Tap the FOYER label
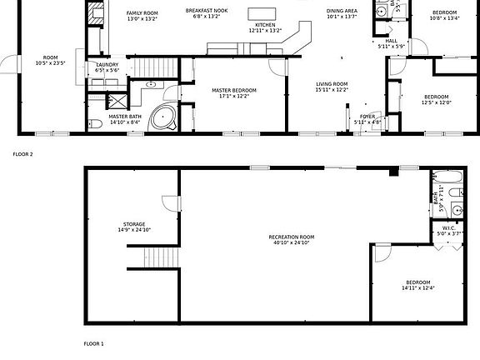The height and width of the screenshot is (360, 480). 367,118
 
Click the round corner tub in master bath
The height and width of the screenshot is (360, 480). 162,120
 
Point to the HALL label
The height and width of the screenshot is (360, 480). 391,42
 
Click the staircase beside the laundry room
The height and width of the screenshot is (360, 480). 152,67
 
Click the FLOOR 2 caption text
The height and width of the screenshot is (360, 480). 22,154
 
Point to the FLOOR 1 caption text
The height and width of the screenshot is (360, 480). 93,343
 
